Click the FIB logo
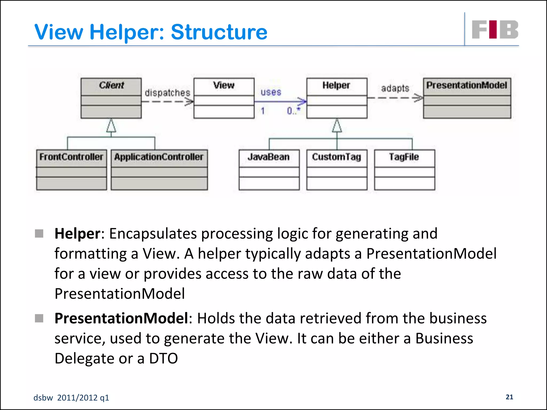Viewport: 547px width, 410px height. click(495, 30)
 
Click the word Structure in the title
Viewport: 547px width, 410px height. click(219, 32)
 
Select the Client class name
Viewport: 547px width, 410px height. click(111, 85)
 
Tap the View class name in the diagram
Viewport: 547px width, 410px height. click(224, 85)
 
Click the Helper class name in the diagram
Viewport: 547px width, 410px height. click(336, 85)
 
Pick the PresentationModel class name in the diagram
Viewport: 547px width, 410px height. click(467, 85)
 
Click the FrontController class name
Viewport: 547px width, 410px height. click(71, 157)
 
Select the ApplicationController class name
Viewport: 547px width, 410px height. click(159, 157)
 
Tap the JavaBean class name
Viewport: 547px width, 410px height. click(268, 157)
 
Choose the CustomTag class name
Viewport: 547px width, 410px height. click(337, 157)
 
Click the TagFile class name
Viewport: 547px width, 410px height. click(404, 157)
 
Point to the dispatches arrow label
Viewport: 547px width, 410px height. click(167, 93)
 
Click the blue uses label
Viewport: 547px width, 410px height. click(271, 92)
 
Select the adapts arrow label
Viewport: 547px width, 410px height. click(395, 88)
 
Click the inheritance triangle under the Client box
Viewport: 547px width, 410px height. click(111, 126)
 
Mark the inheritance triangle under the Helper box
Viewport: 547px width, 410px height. click(337, 126)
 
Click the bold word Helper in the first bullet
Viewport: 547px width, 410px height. click(77, 234)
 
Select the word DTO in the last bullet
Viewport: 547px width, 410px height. click(163, 358)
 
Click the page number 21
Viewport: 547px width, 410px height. click(509, 397)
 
